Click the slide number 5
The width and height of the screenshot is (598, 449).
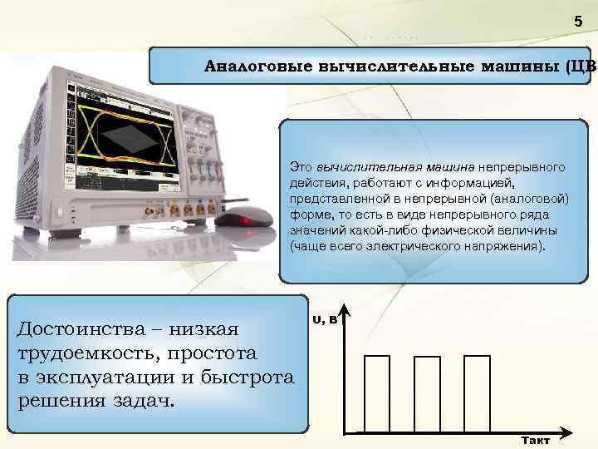(579, 23)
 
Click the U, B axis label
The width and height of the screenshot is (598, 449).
(325, 318)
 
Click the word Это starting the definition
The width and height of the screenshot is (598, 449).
(301, 167)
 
